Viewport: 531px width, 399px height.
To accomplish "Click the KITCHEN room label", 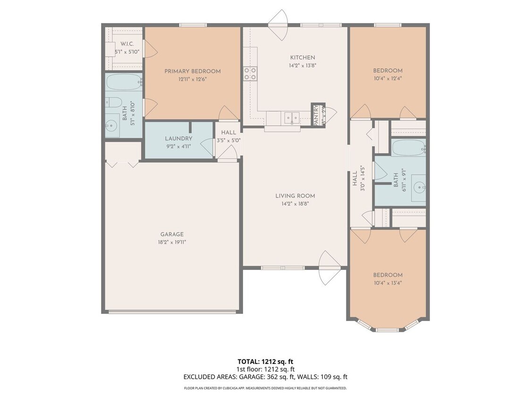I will coord(302,58).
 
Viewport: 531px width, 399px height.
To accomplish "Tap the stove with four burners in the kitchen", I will coord(250,73).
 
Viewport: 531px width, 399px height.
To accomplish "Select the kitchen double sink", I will coord(289,117).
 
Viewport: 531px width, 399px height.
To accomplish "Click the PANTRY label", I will coord(317,115).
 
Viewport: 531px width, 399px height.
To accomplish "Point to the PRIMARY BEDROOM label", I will coord(192,71).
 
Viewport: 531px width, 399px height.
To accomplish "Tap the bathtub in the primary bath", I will coord(123,82).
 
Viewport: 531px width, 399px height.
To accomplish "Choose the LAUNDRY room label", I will coord(178,139).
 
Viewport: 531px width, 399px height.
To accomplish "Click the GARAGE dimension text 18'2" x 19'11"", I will coord(172,242).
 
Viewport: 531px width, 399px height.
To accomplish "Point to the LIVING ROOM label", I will coord(295,196).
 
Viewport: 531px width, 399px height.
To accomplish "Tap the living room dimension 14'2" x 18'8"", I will coord(295,204).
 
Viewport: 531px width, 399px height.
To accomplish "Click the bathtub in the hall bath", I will coord(408,148).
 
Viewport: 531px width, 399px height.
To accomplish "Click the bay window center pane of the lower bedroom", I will coord(388,329).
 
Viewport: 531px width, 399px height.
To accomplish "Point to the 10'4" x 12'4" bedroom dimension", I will coord(388,78).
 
